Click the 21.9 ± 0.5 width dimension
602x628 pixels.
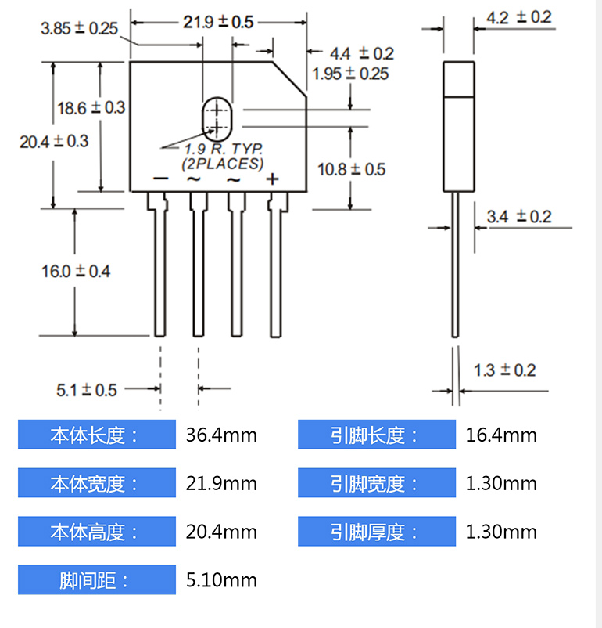point(218,22)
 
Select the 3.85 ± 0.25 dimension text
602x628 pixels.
point(79,29)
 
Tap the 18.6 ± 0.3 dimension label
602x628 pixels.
point(91,108)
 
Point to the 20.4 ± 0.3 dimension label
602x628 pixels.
point(54,142)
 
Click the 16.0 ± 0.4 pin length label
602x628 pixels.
point(76,272)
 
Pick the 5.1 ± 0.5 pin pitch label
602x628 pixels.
point(86,389)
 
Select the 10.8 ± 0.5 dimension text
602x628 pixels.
point(351,169)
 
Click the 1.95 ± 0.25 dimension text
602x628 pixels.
point(350,74)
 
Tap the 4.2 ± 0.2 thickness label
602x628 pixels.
point(518,17)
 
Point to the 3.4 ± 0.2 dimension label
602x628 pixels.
point(518,216)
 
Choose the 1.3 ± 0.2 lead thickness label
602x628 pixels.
point(504,370)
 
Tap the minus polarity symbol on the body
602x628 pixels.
point(159,179)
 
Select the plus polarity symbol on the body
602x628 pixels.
point(273,179)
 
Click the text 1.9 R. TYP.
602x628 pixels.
point(223,149)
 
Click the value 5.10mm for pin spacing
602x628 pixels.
point(221,580)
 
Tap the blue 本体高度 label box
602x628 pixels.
point(96,532)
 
